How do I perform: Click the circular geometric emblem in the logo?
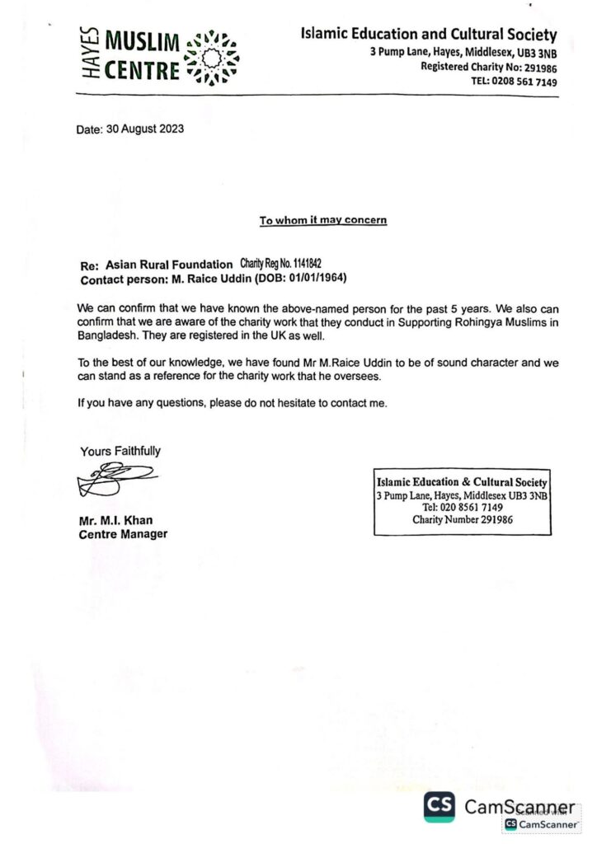coord(214,57)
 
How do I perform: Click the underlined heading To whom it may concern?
coord(323,220)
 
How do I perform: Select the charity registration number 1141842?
coord(298,263)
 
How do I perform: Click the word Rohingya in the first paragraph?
coord(448,320)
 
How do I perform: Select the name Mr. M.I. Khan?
coord(115,520)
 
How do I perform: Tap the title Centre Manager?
coord(123,534)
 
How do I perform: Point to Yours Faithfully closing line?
coord(120,451)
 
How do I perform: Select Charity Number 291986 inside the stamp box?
coord(463,519)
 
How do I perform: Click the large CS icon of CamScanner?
coord(440,807)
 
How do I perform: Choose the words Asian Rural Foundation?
coord(169,264)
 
